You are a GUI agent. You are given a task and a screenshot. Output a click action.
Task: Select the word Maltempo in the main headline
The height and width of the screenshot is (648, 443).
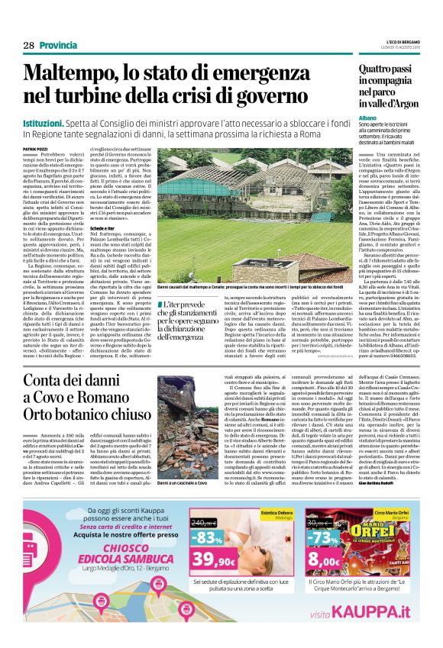[75, 75]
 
